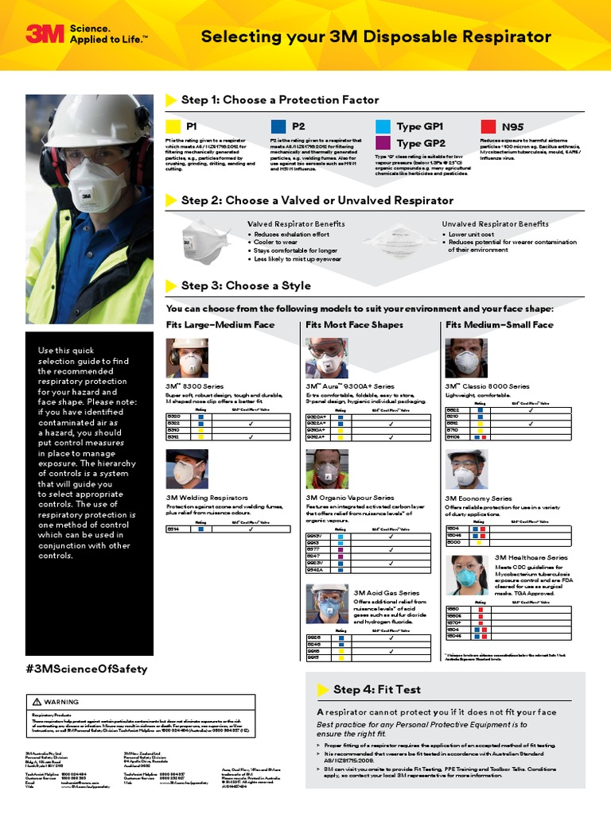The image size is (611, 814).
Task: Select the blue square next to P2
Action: (x=278, y=126)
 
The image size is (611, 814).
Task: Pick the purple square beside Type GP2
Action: (x=382, y=143)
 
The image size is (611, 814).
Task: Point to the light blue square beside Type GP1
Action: (x=382, y=126)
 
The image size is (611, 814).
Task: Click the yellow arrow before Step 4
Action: (x=323, y=689)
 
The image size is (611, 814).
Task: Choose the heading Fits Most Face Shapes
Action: (x=354, y=324)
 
